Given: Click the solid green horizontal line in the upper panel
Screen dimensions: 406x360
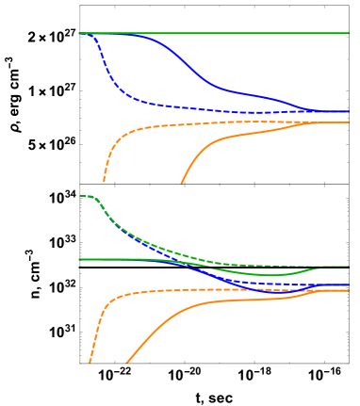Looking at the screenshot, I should point(217,33).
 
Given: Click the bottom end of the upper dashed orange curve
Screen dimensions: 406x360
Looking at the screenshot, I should point(104,181).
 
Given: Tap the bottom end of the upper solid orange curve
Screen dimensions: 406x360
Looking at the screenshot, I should point(181,182).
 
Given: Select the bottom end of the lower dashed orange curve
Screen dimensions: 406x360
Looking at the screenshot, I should point(90,362).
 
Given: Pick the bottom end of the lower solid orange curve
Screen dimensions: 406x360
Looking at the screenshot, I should point(126,362).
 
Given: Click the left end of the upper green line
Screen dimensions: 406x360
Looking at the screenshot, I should point(78,33).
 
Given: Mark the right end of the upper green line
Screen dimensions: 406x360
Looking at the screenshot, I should point(348,33).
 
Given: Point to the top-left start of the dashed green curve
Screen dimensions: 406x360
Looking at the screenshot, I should point(80,196).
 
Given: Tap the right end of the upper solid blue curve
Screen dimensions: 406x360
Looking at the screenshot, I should point(348,112).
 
